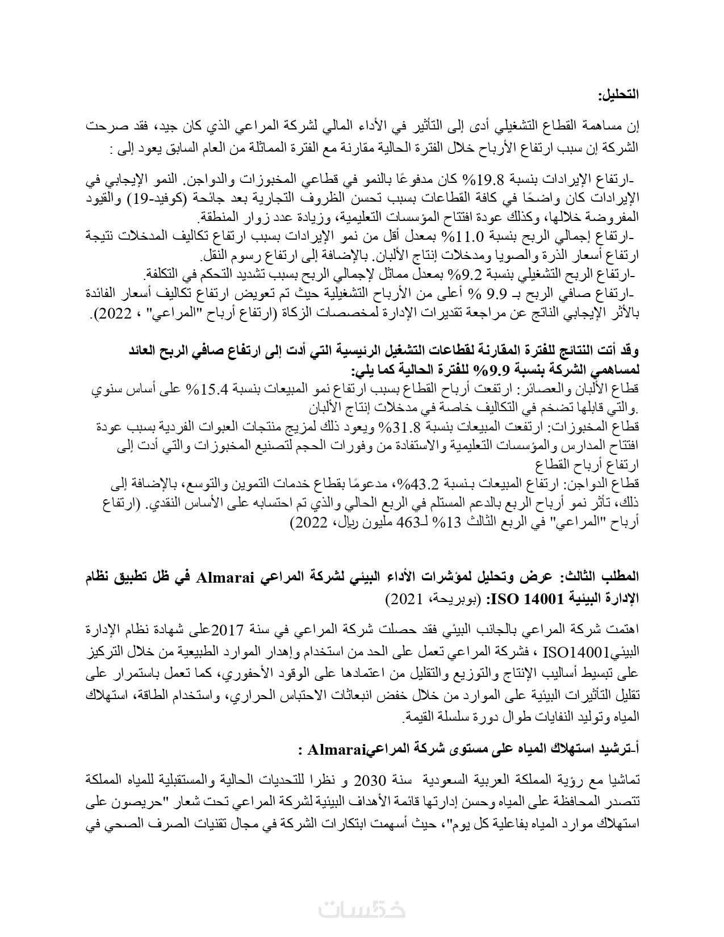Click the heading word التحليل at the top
[618, 94]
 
